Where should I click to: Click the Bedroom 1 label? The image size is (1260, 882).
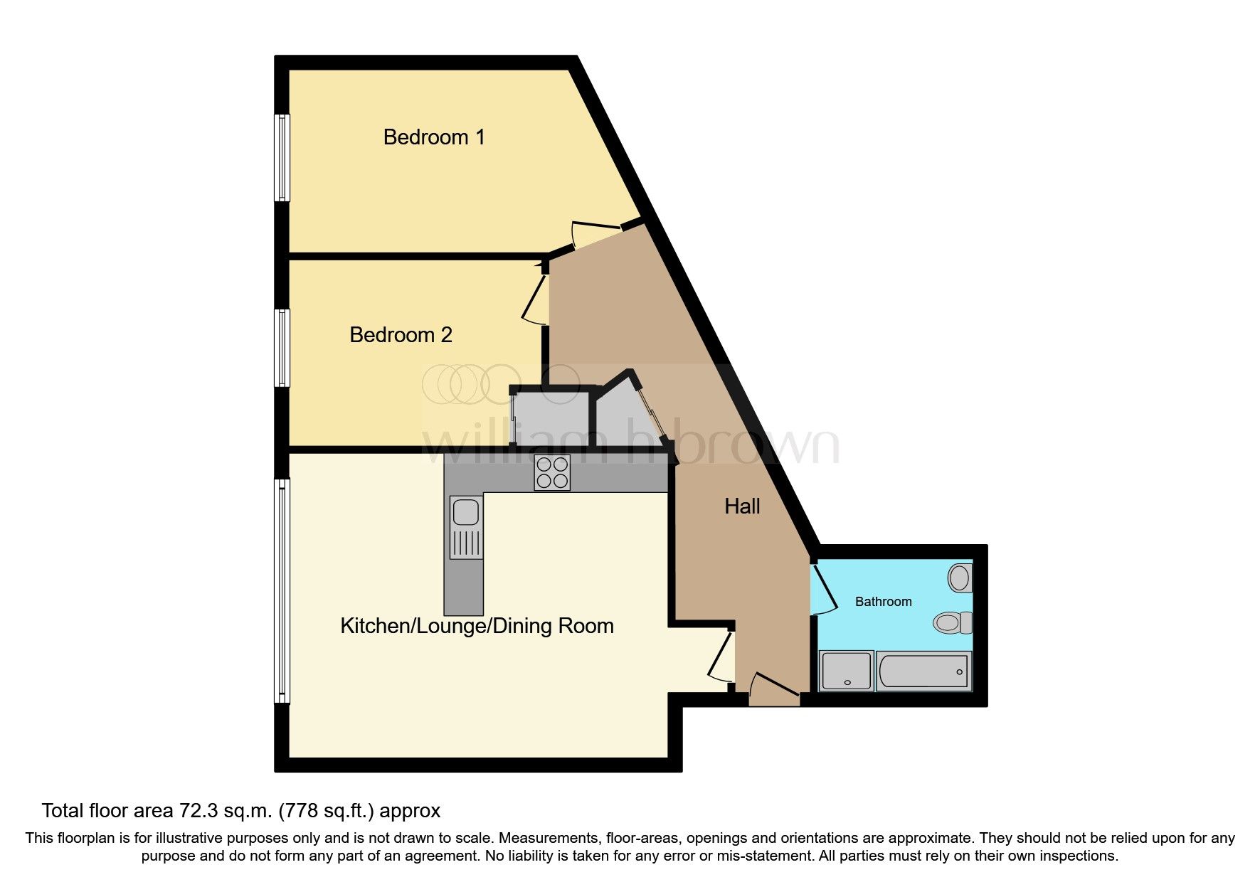434,137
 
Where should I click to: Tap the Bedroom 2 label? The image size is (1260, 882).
401,335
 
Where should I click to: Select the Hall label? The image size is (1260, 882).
742,506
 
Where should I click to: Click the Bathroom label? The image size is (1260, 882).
883,602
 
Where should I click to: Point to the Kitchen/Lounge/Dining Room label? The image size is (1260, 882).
477,626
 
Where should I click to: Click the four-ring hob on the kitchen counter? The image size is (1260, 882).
552,473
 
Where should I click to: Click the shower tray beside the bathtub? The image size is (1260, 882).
846,671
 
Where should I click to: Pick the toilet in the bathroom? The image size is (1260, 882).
953,623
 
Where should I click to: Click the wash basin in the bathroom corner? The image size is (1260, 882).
960,578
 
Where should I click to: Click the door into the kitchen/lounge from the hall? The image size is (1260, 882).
721,658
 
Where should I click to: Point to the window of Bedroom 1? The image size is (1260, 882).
283,157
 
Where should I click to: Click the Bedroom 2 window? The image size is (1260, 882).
283,348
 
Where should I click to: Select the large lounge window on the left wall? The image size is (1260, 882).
283,590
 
